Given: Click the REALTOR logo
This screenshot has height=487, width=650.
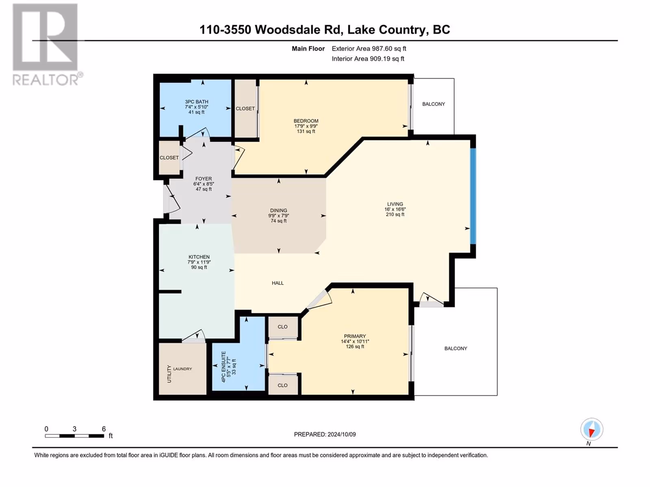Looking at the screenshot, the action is coord(48,45).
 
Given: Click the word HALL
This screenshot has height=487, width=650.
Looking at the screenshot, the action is coord(278,283).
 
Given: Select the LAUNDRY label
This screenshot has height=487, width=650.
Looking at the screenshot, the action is coord(182,369).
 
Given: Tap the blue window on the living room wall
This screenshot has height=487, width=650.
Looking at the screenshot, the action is coord(473,196).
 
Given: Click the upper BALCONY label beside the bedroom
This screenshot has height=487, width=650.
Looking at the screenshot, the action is coord(433,104).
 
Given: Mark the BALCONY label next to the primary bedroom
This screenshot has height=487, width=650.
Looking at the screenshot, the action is coord(456,349).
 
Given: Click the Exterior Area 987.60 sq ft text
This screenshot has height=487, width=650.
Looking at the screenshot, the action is coord(369,48).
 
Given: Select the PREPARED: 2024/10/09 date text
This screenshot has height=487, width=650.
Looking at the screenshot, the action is coord(325,434).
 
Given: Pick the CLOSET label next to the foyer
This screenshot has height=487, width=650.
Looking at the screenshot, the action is coord(169,157).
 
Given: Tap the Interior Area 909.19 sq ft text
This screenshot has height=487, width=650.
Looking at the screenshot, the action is coord(368,58).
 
